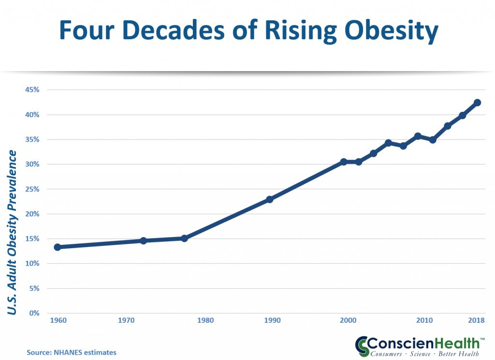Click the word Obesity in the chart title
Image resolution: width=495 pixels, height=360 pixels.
point(392,31)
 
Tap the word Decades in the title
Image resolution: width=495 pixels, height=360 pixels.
point(173,30)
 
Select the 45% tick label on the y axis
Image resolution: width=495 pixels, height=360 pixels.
point(32,90)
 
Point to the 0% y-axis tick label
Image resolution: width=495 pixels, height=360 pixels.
point(34,313)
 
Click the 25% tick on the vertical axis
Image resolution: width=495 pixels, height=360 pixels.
point(32,189)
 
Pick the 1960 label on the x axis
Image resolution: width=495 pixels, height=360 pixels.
point(58,320)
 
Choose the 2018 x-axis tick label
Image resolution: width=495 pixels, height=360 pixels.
point(476,320)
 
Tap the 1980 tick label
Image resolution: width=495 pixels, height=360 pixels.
point(205,320)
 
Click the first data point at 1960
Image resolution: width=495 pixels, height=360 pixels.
point(58,247)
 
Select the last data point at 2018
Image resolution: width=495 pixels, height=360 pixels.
point(477,103)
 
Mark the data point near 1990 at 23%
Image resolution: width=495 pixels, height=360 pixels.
point(269,199)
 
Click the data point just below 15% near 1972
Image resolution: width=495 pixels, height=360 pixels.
point(143,241)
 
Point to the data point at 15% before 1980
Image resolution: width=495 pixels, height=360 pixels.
point(184,239)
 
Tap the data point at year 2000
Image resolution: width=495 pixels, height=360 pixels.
point(344,162)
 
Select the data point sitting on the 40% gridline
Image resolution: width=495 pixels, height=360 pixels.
point(463,115)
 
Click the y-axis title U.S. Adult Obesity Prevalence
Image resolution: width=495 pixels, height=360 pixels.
point(12,233)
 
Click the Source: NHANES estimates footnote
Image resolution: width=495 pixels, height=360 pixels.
point(72,352)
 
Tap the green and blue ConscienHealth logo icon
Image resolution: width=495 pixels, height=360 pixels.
point(362,346)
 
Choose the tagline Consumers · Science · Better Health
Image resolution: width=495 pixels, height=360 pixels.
point(424,354)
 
